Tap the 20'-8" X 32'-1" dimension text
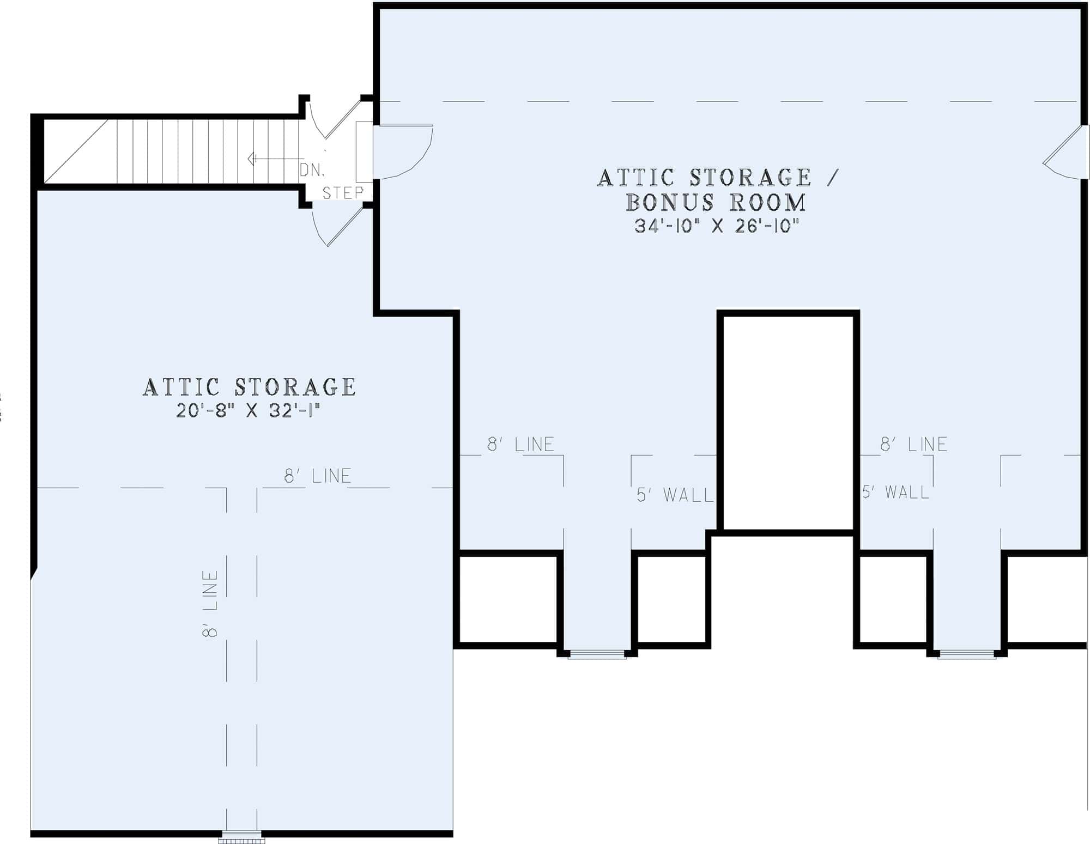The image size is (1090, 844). click(247, 410)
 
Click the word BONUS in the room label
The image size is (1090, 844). click(669, 202)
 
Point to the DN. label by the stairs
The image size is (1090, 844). click(312, 170)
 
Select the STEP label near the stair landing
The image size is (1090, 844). click(343, 193)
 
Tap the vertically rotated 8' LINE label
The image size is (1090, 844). click(210, 603)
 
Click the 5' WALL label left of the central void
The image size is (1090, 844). click(675, 495)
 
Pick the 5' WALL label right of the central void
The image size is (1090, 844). click(895, 493)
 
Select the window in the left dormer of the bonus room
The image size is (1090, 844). click(597, 655)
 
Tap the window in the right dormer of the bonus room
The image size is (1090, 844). click(966, 655)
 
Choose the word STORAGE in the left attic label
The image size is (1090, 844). click(295, 387)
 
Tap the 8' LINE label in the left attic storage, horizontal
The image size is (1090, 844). click(317, 476)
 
